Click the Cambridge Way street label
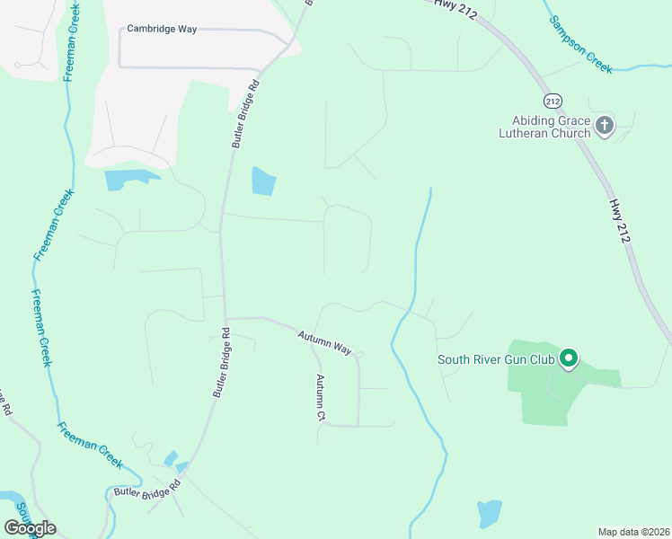point(162,29)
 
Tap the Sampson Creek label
point(581,43)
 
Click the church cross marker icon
point(605,126)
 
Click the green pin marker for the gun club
point(568,359)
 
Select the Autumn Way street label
point(325,341)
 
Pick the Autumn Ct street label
point(318,398)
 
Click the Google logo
point(30,527)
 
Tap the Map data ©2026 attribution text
point(633,532)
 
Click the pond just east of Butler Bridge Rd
point(263,181)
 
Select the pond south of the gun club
point(489,513)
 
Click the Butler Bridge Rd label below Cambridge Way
point(243,114)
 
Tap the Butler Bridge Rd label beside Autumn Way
point(222,363)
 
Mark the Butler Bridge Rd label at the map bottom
point(147,492)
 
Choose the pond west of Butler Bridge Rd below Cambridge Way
point(124,180)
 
